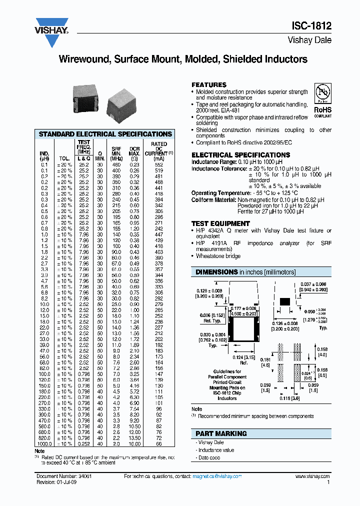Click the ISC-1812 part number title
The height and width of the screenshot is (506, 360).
pyautogui.click(x=311, y=27)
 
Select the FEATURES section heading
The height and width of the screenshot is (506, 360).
pyautogui.click(x=209, y=85)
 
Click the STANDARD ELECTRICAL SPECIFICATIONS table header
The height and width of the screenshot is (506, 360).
pyautogui.click(x=105, y=134)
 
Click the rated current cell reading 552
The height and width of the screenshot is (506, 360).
pyautogui.click(x=158, y=164)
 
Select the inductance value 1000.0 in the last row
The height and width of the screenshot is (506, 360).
pyautogui.click(x=44, y=443)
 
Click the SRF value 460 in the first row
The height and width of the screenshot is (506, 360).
pyautogui.click(x=116, y=164)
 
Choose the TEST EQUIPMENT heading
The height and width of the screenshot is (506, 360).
pyautogui.click(x=220, y=223)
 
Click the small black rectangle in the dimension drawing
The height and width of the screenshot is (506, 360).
pyautogui.click(x=284, y=301)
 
